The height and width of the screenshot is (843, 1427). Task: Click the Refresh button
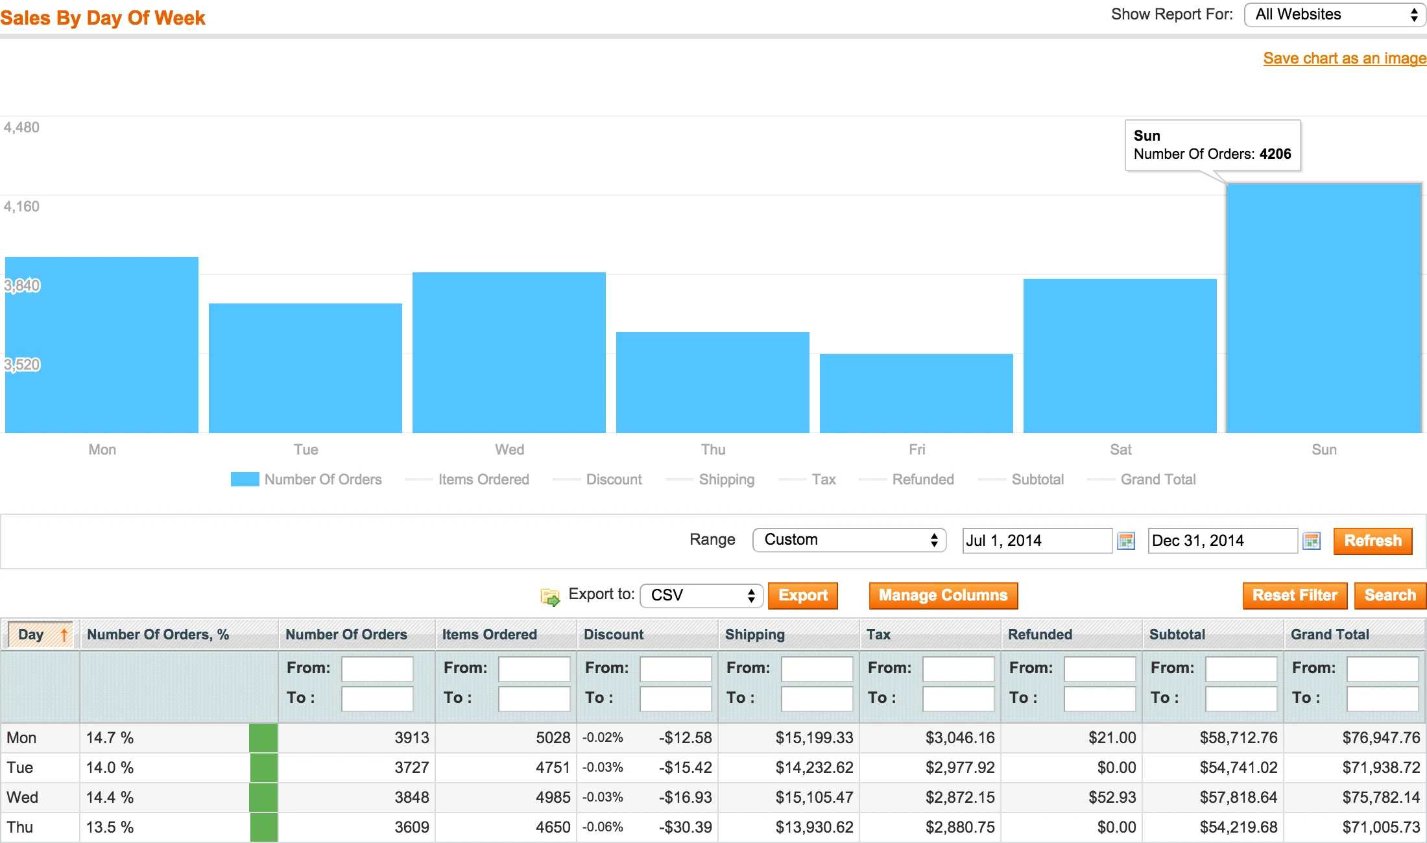1373,541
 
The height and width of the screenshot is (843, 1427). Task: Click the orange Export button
802,595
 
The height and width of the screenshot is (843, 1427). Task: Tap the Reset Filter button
1294,595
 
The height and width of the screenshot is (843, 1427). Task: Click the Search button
1389,595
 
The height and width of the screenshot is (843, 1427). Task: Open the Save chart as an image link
1344,58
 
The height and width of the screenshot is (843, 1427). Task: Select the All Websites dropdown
1334,15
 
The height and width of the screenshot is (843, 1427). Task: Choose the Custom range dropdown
849,540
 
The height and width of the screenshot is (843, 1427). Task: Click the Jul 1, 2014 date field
1037,541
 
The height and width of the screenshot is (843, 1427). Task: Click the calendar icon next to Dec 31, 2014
1312,541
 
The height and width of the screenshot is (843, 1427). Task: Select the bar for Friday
916,393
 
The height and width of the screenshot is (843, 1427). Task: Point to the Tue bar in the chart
306,368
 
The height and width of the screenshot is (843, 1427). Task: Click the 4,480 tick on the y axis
21,127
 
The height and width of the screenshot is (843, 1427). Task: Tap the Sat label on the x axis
1120,449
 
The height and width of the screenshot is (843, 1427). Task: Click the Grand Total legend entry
1158,479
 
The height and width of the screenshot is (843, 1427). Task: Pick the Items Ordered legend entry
483,479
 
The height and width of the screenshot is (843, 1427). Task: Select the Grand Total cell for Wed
1381,797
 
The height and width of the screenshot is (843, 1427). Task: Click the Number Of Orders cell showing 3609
412,827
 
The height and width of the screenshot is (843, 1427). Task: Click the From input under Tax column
958,669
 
